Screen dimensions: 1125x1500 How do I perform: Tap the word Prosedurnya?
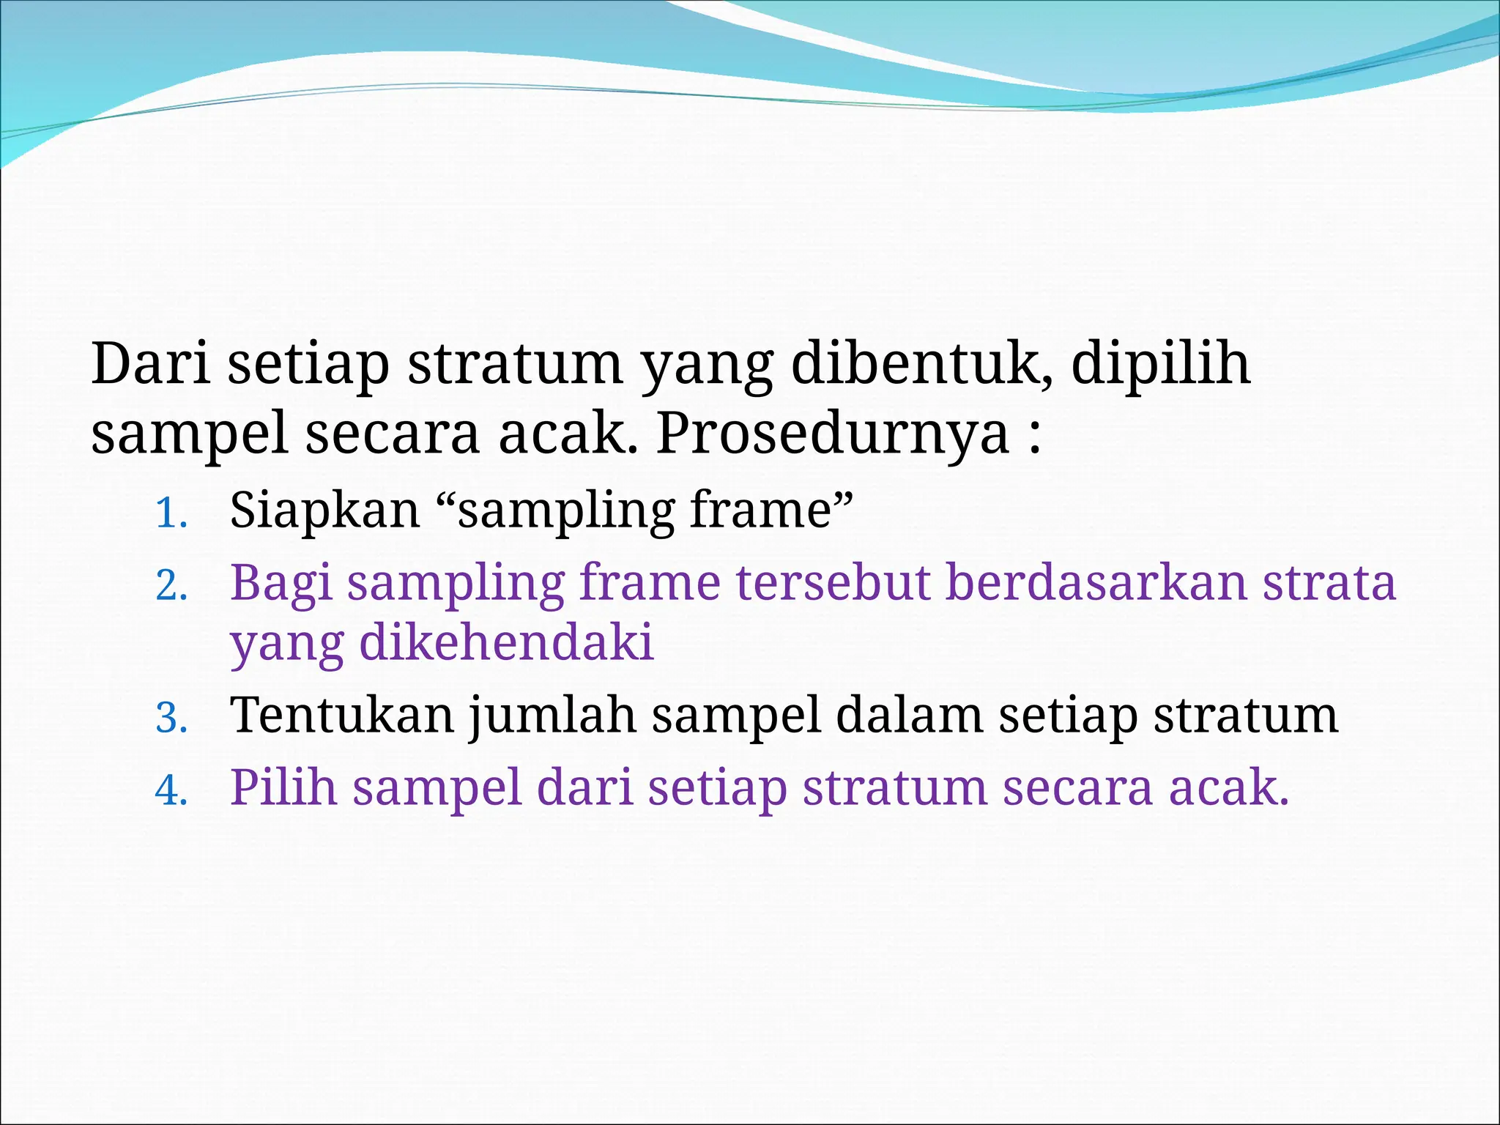(x=832, y=434)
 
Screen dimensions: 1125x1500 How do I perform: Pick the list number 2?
(x=171, y=586)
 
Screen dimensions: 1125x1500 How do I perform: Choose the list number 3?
(x=171, y=718)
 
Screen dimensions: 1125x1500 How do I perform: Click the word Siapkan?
(x=324, y=510)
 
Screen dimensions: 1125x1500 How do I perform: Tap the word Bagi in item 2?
(x=281, y=584)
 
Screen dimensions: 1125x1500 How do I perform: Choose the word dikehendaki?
(x=506, y=642)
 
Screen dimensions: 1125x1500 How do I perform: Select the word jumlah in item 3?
(x=552, y=716)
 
